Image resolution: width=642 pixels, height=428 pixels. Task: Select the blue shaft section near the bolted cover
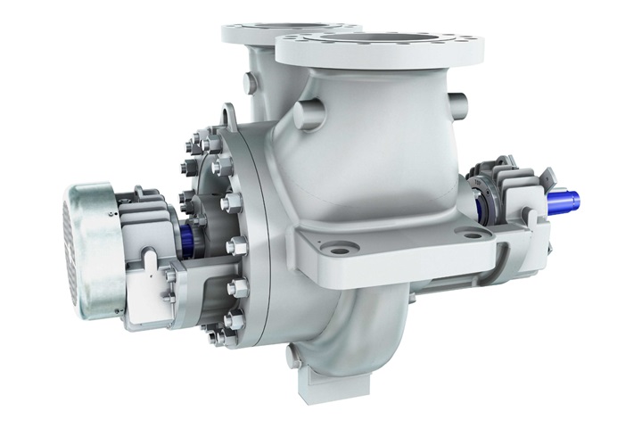(190, 237)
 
